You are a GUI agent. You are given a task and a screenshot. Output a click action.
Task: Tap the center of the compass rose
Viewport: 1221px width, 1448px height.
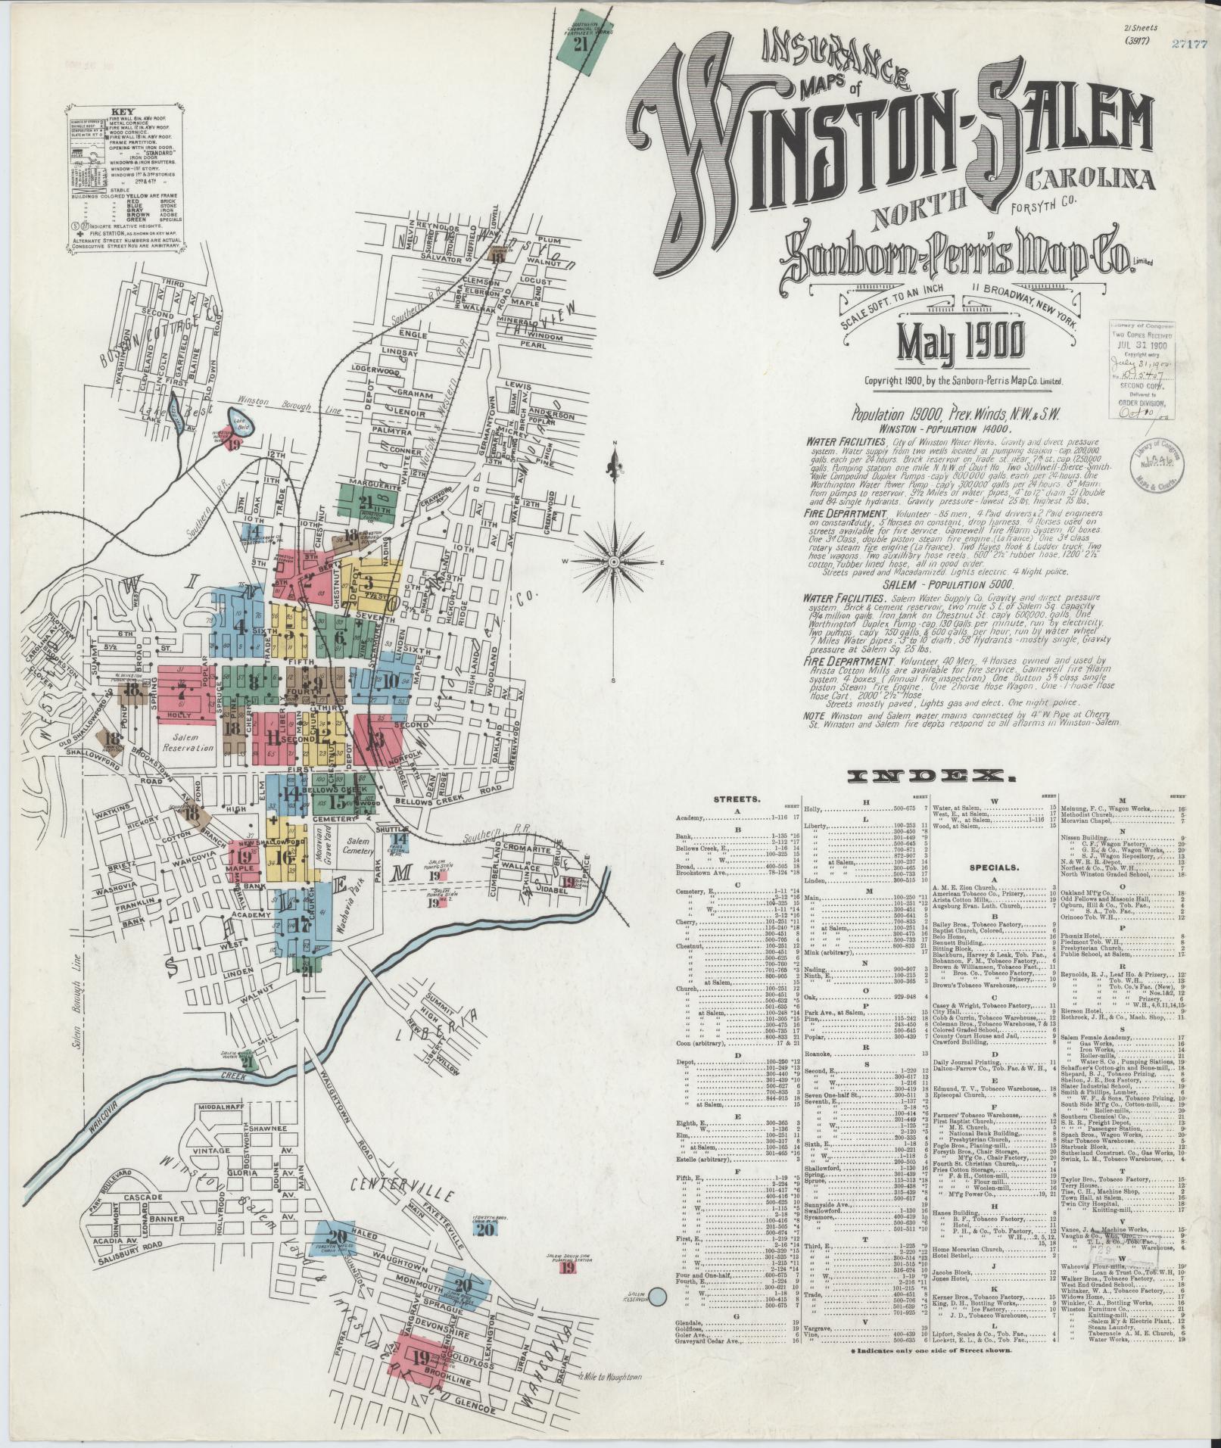pyautogui.click(x=614, y=562)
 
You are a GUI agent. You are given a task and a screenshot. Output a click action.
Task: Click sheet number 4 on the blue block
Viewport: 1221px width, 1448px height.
pyautogui.click(x=240, y=627)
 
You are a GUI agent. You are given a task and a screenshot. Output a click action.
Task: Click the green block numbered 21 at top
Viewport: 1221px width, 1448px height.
pyautogui.click(x=581, y=44)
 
